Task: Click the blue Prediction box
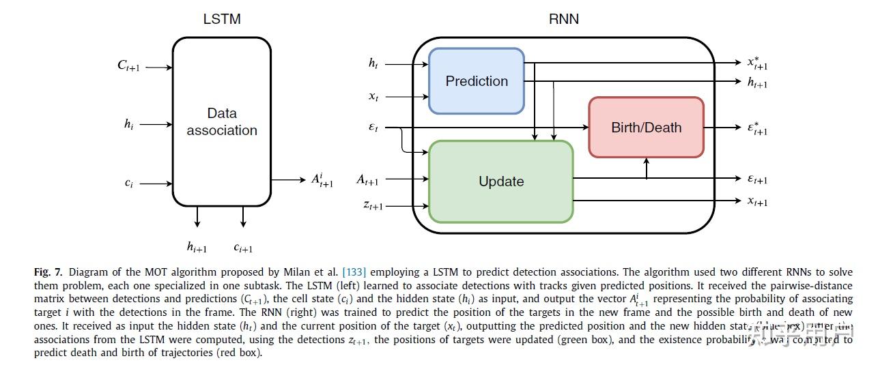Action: coord(476,81)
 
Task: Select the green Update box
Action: coord(500,181)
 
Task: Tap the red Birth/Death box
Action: coord(646,127)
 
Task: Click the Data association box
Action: coord(222,121)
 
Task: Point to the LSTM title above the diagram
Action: coord(222,19)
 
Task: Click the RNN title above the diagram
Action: coord(564,19)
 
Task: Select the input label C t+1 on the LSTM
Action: coord(128,66)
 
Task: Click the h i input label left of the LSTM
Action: coord(128,124)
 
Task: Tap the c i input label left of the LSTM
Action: coord(128,184)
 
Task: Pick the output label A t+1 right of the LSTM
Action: coord(322,179)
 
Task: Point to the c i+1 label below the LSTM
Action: coord(243,248)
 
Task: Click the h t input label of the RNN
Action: coord(373,63)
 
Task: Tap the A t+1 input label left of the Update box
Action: coord(367,179)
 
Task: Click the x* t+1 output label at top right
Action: coord(757,63)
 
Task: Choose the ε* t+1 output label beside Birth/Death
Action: coord(757,128)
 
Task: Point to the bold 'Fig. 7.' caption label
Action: coord(48,272)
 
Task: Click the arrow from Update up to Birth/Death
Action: coord(647,168)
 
